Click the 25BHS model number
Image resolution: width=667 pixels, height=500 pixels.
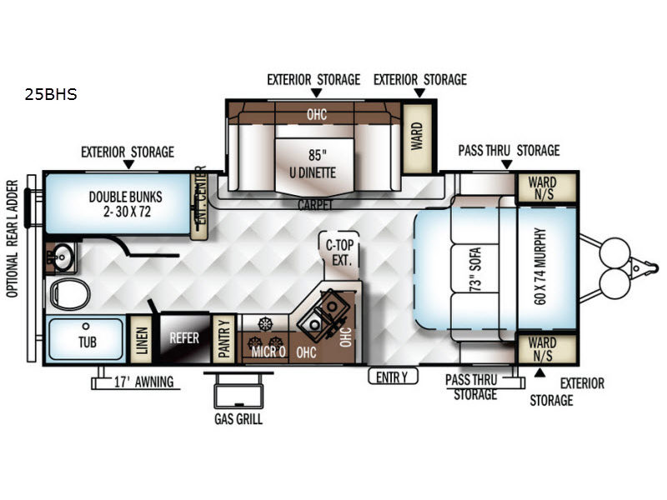pos(51,94)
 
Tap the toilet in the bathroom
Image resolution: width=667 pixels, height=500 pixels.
pos(70,294)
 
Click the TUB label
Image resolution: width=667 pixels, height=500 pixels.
pos(88,342)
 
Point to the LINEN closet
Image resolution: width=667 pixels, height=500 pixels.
pos(141,340)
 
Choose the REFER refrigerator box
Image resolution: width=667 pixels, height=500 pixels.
pos(184,339)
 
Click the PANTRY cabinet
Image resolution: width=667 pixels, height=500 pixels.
pos(223,339)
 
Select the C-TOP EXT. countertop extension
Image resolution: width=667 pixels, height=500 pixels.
pos(339,255)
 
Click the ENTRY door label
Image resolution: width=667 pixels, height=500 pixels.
pos(393,377)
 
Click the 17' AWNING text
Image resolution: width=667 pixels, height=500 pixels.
pos(143,382)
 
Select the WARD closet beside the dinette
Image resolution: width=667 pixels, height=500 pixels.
pos(417,137)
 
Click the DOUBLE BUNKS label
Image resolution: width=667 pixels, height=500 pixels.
pos(126,204)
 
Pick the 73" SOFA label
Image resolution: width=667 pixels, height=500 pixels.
pos(474,268)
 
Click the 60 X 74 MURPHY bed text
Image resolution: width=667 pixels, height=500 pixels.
pos(540,266)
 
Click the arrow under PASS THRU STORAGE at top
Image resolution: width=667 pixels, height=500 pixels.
pos(506,164)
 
